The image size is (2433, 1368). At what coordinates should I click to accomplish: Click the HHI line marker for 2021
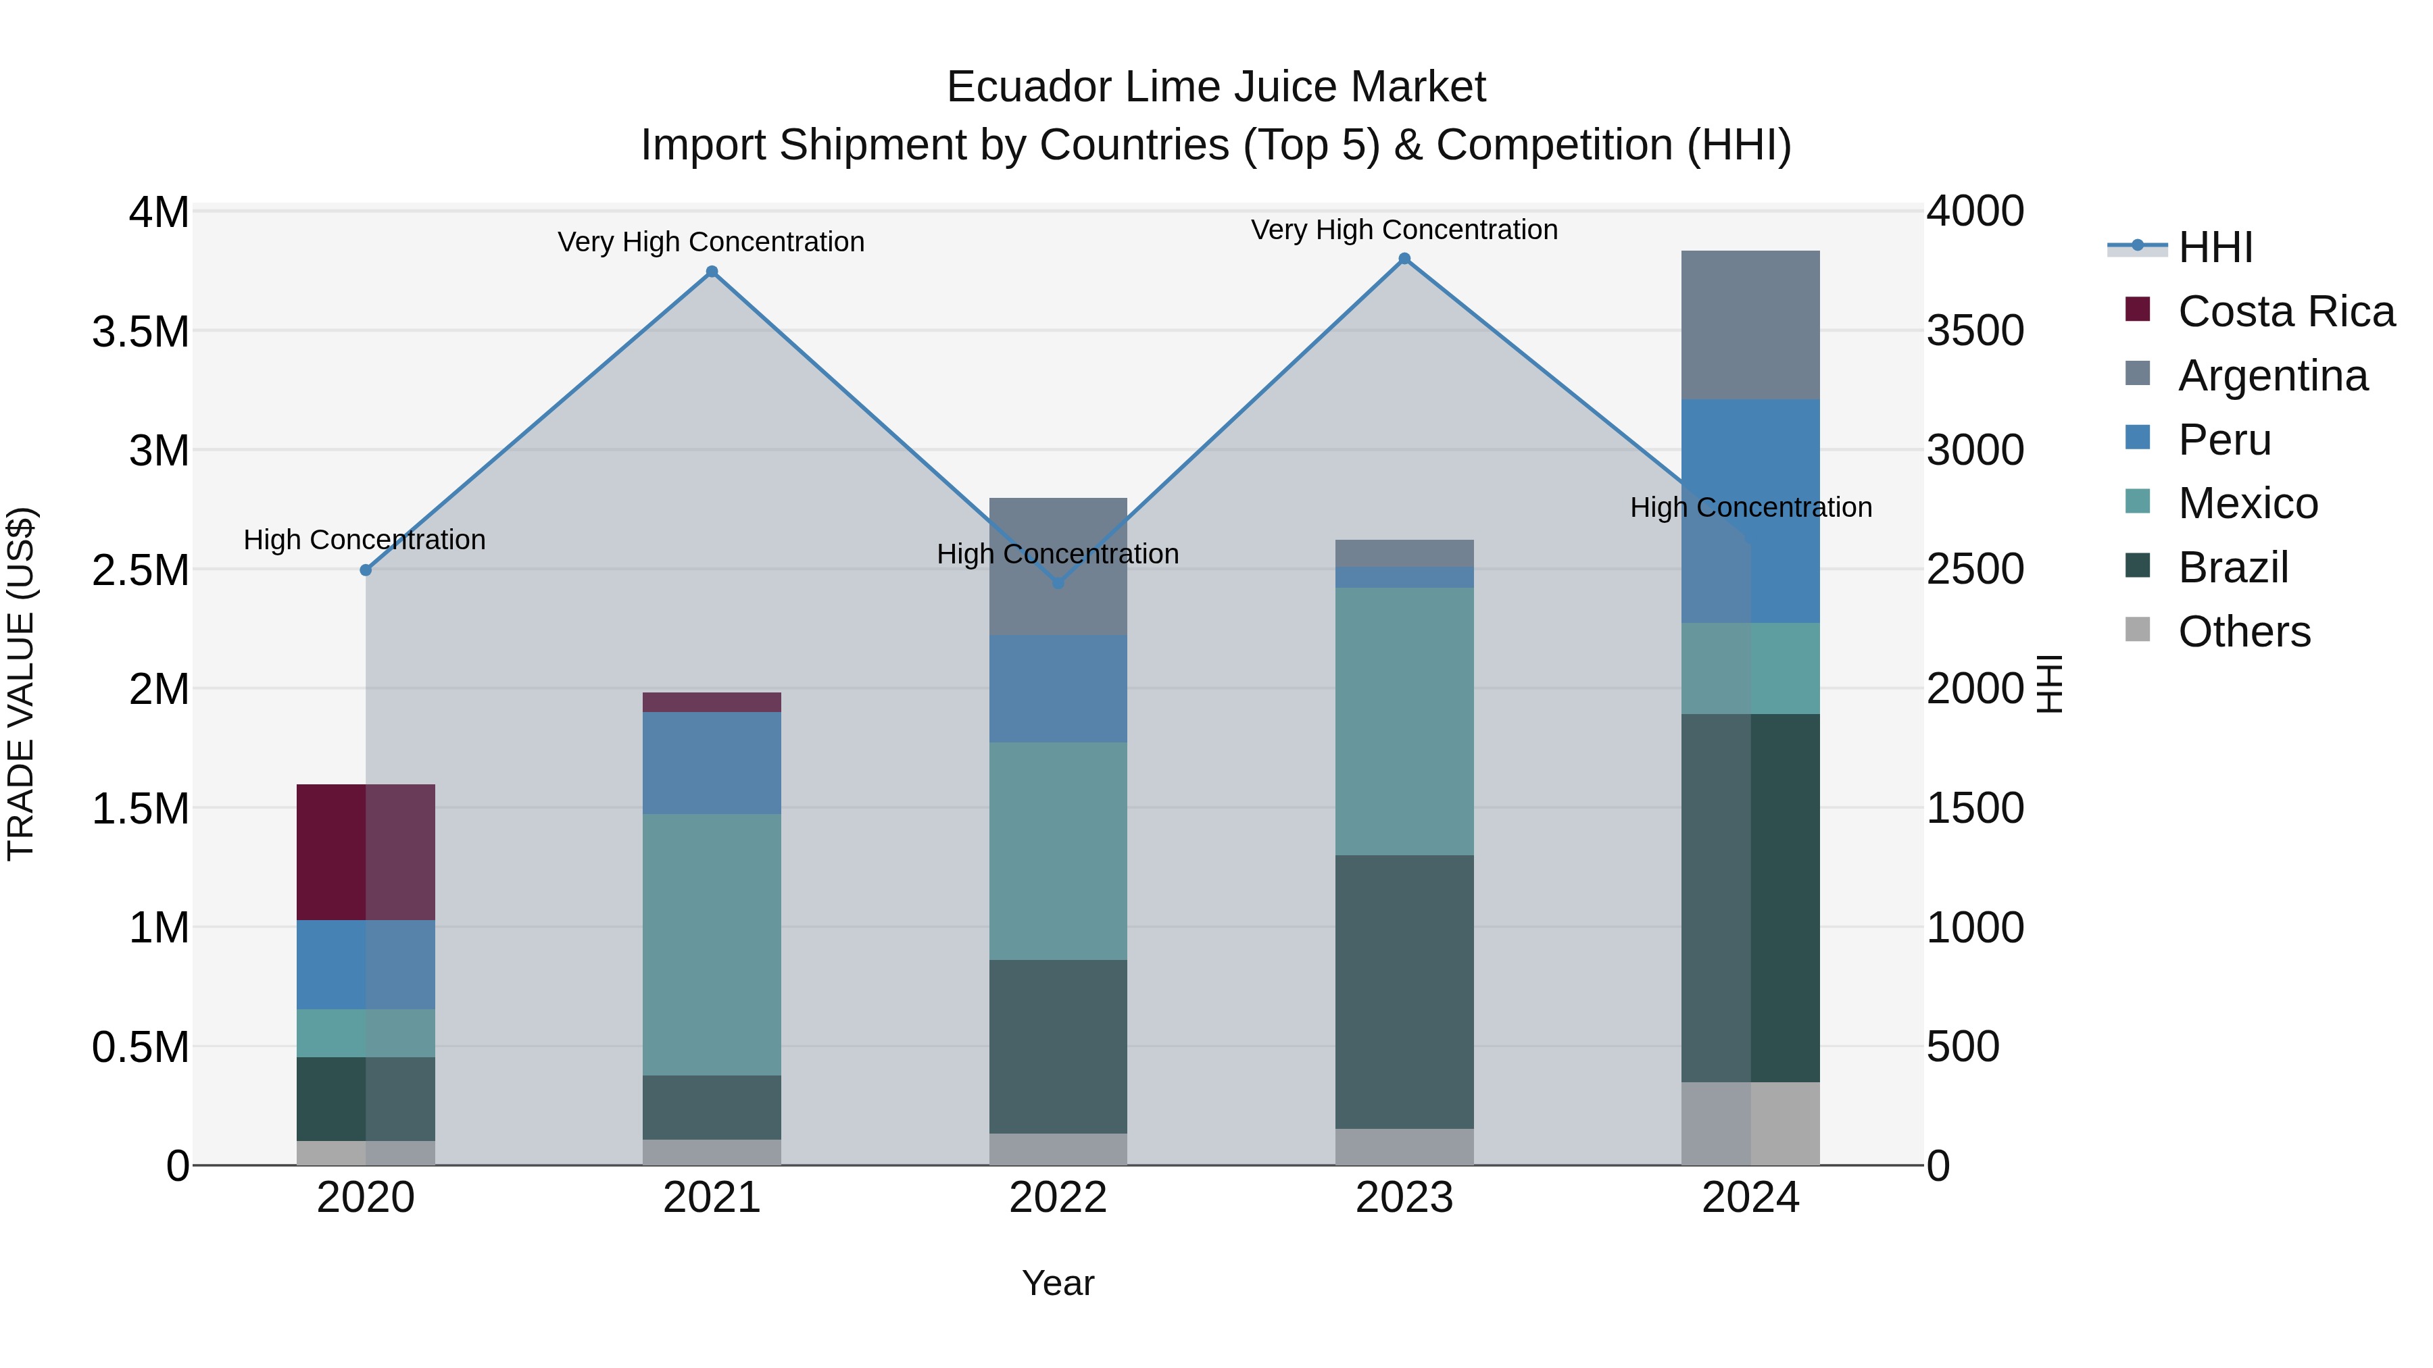click(x=712, y=272)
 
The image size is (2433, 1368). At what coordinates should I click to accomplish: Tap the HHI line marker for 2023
click(x=1404, y=259)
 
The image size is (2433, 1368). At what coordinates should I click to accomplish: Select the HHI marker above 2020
click(x=366, y=570)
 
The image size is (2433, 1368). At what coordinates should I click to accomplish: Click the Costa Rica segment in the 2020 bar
click(x=366, y=852)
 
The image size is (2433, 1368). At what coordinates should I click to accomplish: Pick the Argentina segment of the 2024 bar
click(x=1750, y=325)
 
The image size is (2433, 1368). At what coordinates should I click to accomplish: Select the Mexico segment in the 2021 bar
click(x=712, y=944)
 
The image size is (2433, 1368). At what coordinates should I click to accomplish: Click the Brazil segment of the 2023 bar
click(x=1404, y=991)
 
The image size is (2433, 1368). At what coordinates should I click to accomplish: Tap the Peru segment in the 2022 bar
click(x=1058, y=688)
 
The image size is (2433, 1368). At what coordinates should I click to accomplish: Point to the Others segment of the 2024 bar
click(x=1750, y=1123)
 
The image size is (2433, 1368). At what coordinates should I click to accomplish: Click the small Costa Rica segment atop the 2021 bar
click(x=712, y=703)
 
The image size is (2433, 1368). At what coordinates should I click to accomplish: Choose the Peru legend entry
click(x=2223, y=440)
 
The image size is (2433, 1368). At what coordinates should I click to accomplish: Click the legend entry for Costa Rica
click(x=2286, y=311)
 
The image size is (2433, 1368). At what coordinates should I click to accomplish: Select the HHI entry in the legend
click(x=2215, y=247)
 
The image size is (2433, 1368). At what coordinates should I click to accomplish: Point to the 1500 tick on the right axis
click(x=1975, y=808)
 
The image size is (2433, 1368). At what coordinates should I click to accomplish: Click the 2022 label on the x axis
click(x=1058, y=1198)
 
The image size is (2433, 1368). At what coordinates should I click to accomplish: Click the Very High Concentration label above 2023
click(x=1404, y=230)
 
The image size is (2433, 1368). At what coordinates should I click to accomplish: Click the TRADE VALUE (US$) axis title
click(x=21, y=684)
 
